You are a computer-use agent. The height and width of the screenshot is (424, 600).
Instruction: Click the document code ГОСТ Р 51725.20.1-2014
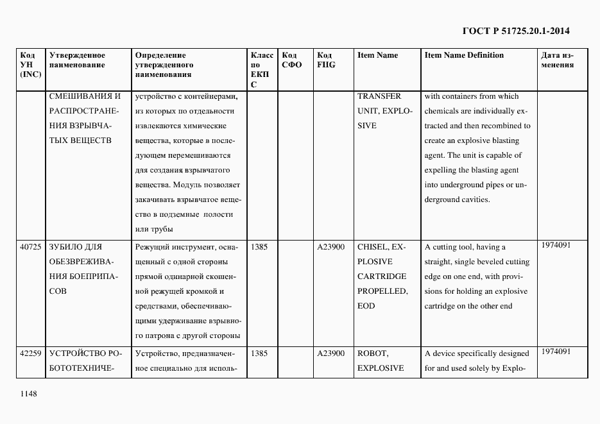coord(516,31)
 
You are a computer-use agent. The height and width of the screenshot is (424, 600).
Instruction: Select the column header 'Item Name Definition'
coord(464,55)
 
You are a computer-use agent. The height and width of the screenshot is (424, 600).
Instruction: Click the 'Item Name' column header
coord(377,55)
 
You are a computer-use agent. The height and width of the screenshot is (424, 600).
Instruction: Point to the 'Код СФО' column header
coord(291,60)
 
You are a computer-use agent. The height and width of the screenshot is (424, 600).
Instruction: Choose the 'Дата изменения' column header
coord(557,60)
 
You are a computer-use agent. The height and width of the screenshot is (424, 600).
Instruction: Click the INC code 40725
coord(30,247)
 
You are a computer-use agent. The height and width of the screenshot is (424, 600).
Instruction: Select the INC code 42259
coord(30,353)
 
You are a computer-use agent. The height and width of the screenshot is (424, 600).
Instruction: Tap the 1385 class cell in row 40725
coord(259,246)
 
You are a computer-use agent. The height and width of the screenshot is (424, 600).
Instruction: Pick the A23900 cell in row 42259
coord(330,353)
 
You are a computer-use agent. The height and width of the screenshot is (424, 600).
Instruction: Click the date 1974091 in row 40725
coord(555,245)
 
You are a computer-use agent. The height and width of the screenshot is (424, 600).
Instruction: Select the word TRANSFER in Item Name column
coord(379,96)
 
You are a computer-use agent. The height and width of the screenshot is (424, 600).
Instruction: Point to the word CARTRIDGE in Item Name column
coord(381,276)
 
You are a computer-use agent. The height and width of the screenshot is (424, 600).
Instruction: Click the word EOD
coord(366,306)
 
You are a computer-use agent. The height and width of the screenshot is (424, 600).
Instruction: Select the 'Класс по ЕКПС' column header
coord(261,69)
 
